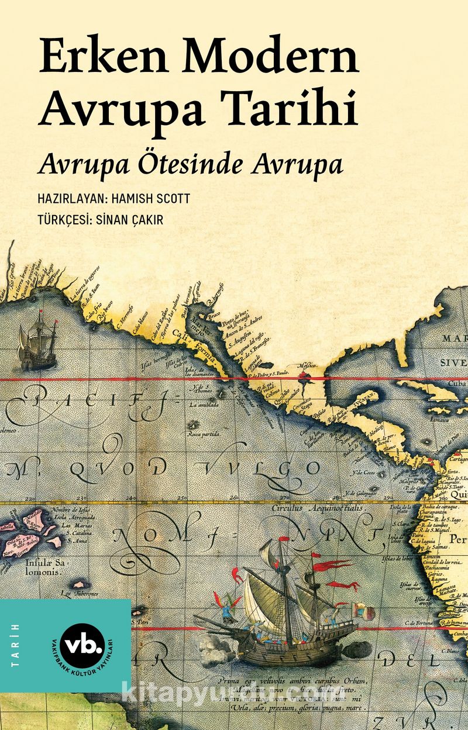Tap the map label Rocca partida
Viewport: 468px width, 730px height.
click(x=204, y=434)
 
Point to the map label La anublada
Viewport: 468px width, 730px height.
click(x=204, y=404)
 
